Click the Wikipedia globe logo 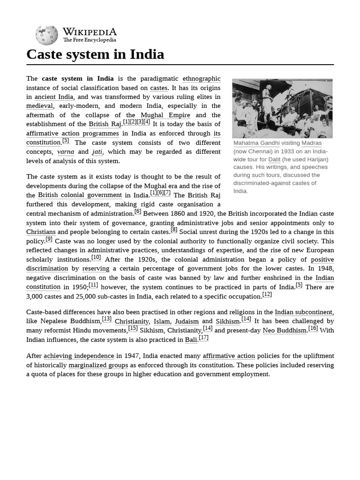[46, 35]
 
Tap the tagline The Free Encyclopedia [90, 40]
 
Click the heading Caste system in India [95, 54]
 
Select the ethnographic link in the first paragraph [201, 79]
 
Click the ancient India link [54, 97]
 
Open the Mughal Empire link [158, 115]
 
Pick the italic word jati [97, 152]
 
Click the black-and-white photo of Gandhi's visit [282, 108]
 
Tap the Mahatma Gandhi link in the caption [256, 143]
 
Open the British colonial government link [80, 195]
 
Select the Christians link [41, 232]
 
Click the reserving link [96, 269]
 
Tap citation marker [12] [267, 294]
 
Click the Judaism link [187, 322]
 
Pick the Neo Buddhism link [285, 330]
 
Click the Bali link [191, 340]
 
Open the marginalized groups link [98, 365]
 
